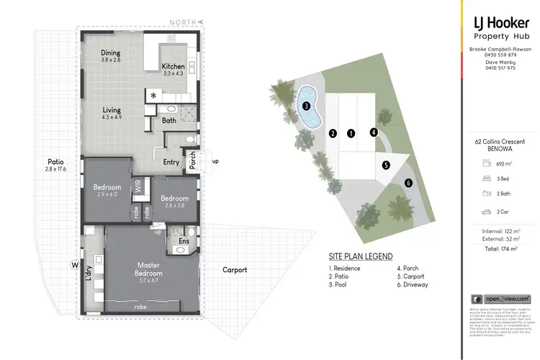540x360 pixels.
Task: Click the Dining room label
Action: [110, 53]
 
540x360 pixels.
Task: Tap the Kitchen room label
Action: [174, 66]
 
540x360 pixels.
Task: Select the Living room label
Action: [111, 109]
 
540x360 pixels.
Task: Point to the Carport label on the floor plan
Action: [234, 270]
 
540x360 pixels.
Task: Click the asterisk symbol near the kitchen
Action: [153, 95]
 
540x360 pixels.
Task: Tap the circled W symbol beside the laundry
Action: [74, 264]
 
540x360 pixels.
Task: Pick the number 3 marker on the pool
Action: [306, 106]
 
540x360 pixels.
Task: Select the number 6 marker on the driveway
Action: [408, 183]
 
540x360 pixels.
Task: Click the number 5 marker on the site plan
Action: [386, 165]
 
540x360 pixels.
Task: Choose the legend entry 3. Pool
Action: [340, 284]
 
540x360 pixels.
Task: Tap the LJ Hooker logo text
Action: [501, 22]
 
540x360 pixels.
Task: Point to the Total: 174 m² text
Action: [501, 248]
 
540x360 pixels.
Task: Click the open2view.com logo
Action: [501, 299]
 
